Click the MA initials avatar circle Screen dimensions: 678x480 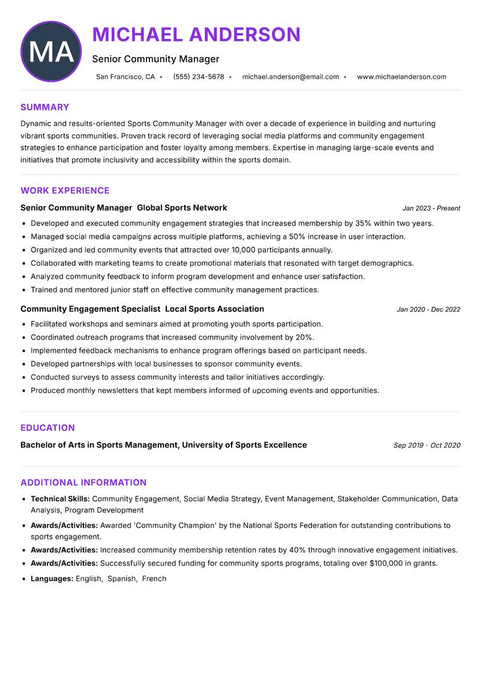pyautogui.click(x=51, y=52)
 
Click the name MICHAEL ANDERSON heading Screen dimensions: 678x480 pyautogui.click(x=196, y=35)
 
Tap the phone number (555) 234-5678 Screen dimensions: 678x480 pyautogui.click(x=199, y=77)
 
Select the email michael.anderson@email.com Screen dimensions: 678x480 pyautogui.click(x=290, y=77)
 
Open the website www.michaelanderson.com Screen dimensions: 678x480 pyautogui.click(x=401, y=77)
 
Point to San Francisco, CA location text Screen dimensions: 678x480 pyautogui.click(x=125, y=77)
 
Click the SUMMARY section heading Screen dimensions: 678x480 pyautogui.click(x=45, y=107)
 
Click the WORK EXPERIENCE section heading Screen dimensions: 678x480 pyautogui.click(x=65, y=191)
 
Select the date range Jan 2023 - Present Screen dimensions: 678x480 pyautogui.click(x=431, y=208)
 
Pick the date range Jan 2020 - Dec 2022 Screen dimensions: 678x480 pyautogui.click(x=428, y=310)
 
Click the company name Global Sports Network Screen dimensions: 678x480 pyautogui.click(x=182, y=208)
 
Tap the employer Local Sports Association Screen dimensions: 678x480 pyautogui.click(x=214, y=309)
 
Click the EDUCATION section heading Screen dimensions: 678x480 pyautogui.click(x=47, y=428)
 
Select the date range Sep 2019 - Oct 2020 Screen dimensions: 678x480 pyautogui.click(x=427, y=445)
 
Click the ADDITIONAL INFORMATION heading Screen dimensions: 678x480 pyautogui.click(x=83, y=482)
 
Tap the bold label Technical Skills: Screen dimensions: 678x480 pyautogui.click(x=60, y=499)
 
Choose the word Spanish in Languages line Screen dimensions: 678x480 pyautogui.click(x=121, y=579)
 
